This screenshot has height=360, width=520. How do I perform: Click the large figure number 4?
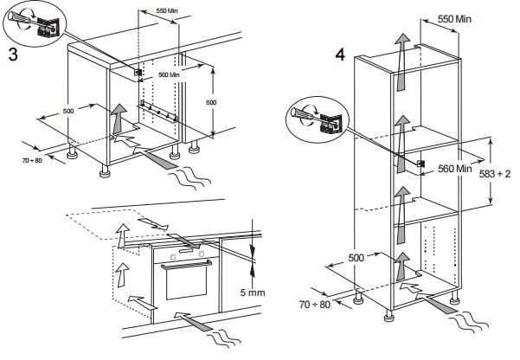341,55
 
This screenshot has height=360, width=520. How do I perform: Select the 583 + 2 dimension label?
495,173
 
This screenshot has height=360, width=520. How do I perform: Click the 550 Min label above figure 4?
453,18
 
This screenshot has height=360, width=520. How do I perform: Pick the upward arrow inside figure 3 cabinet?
118,116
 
